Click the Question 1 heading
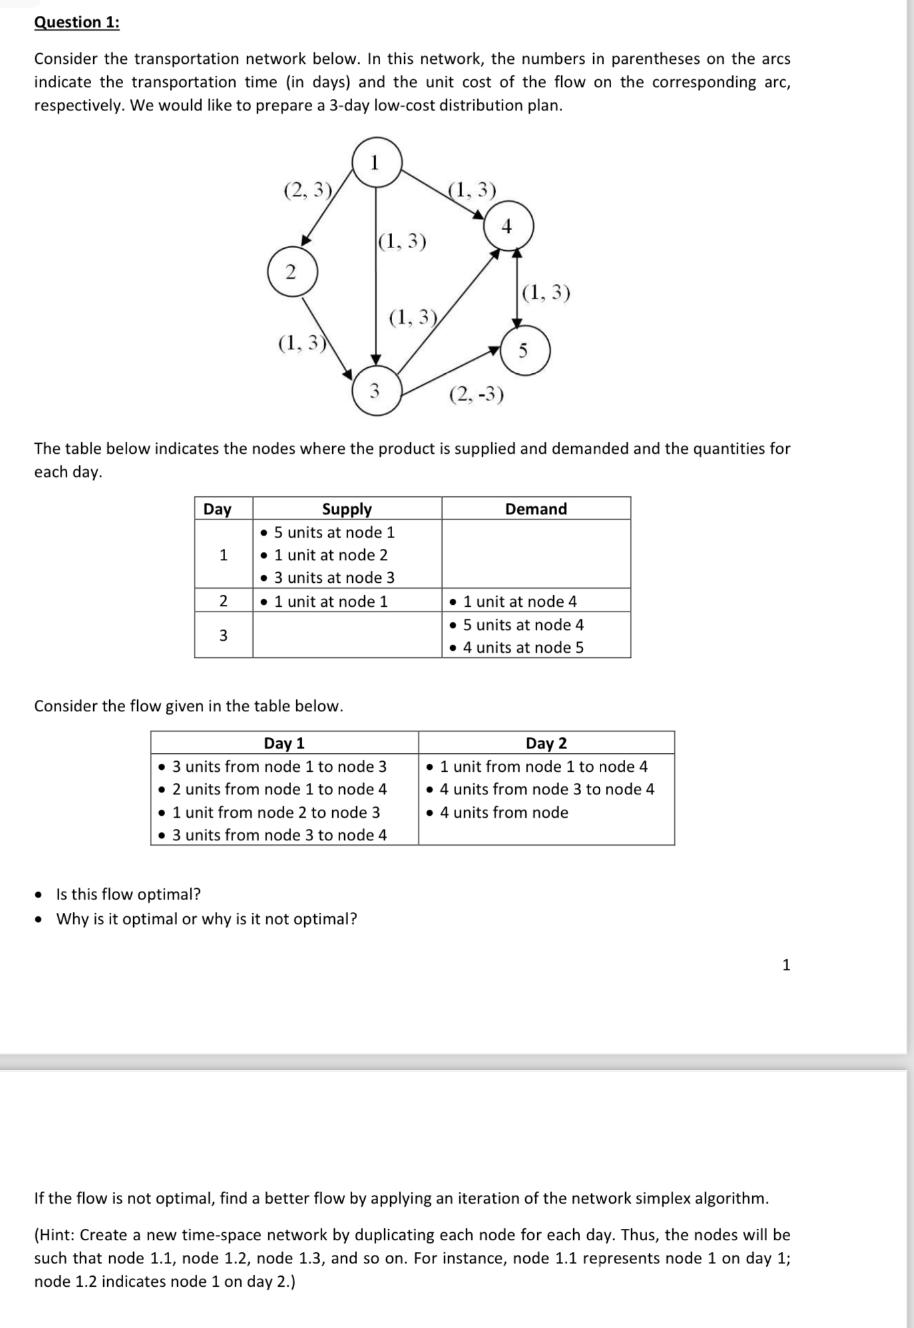(77, 23)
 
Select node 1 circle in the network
(377, 162)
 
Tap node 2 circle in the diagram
(292, 271)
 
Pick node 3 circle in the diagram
(377, 391)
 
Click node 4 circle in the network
(508, 227)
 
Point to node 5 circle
(525, 350)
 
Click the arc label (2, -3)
(477, 395)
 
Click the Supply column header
(347, 509)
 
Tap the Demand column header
(536, 509)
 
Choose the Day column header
(217, 509)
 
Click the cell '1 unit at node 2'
(330, 555)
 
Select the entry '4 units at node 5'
(523, 647)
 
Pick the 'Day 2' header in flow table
(546, 743)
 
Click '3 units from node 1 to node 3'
(279, 766)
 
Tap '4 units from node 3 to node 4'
(547, 789)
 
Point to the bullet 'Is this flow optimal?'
(128, 894)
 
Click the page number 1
(786, 965)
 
